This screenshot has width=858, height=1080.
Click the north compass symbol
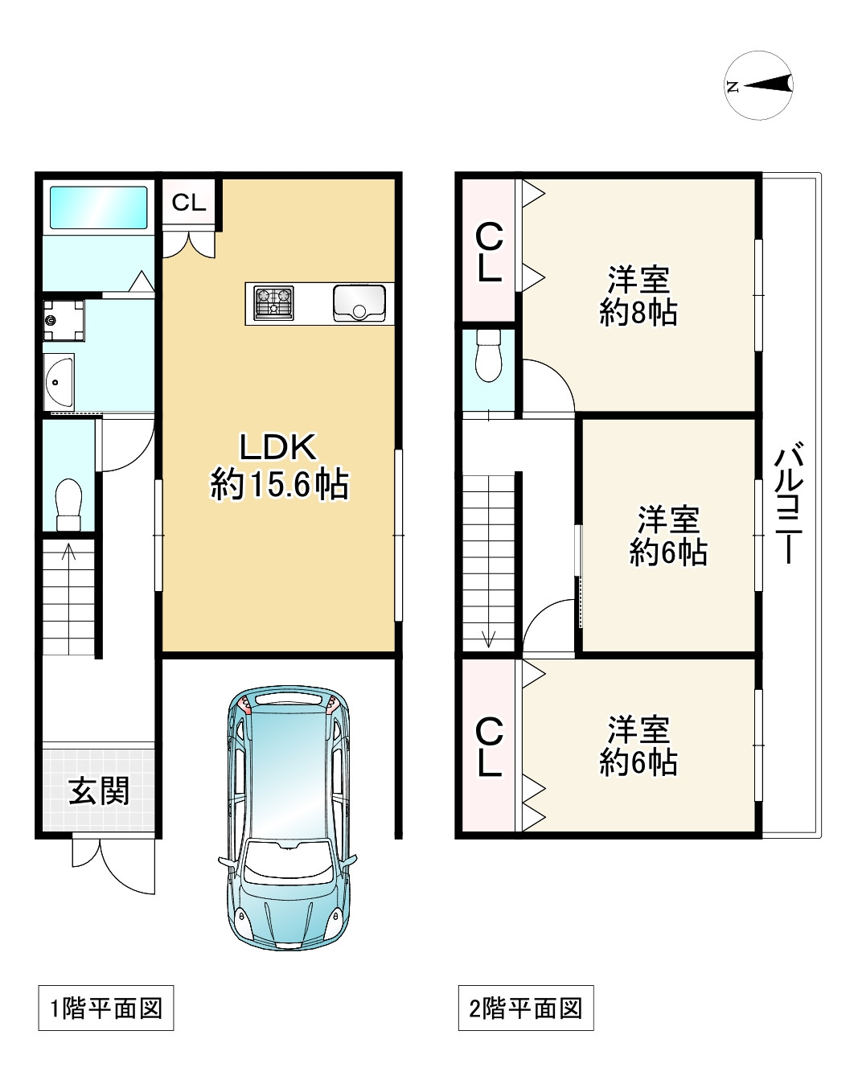pos(761,84)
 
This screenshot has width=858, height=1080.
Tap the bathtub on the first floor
pos(99,207)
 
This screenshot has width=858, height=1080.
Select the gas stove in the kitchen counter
pos(273,303)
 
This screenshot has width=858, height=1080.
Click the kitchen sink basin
pos(359,303)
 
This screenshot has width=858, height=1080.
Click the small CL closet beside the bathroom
pos(189,203)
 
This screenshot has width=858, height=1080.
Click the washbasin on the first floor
pos(60,382)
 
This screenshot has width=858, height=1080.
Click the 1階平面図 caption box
pos(106,1008)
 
